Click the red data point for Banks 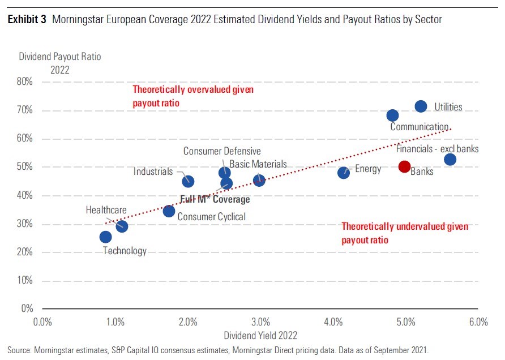click(x=404, y=166)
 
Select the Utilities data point click(x=421, y=106)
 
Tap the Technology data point click(x=105, y=237)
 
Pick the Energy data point click(x=344, y=173)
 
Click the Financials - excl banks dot click(x=450, y=160)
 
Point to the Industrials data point click(x=188, y=181)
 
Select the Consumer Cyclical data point click(x=169, y=211)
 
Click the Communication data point click(x=392, y=115)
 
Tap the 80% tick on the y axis click(x=24, y=82)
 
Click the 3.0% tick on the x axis click(x=260, y=323)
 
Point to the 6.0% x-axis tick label click(x=478, y=323)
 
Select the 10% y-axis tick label click(x=24, y=281)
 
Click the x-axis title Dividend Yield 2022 click(x=260, y=335)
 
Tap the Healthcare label click(x=106, y=210)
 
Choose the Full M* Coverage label click(x=215, y=199)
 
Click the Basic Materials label click(x=258, y=164)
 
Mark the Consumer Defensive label click(x=222, y=151)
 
